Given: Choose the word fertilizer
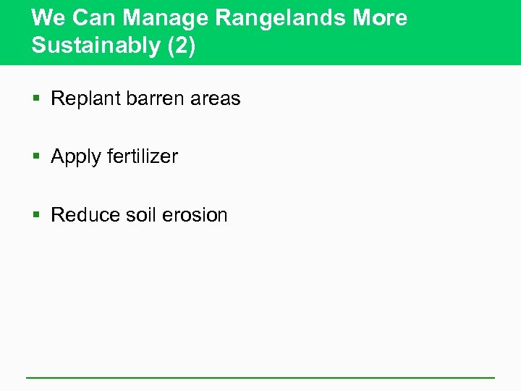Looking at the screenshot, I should click(142, 156).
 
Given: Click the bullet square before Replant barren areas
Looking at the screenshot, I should click(38, 99).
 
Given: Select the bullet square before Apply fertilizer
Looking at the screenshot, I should click(38, 157).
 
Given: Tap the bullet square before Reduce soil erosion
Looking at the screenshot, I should click(38, 215).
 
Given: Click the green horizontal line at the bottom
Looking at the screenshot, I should click(260, 377).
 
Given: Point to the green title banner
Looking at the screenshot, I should click(463, 33).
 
